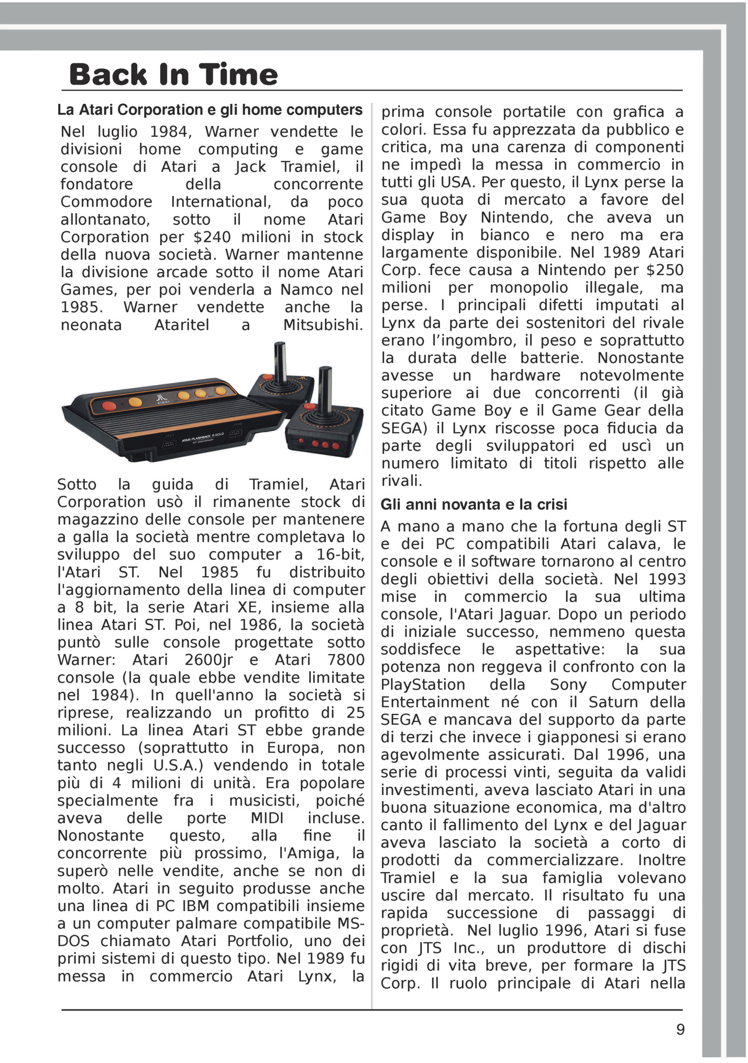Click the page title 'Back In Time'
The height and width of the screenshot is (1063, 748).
pyautogui.click(x=173, y=74)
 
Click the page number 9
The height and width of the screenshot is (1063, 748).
pyautogui.click(x=680, y=1029)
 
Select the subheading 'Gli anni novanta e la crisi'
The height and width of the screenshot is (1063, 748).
pyautogui.click(x=474, y=504)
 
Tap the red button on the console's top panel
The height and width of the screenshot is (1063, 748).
pyautogui.click(x=109, y=405)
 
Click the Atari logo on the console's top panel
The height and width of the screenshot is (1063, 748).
pyautogui.click(x=162, y=399)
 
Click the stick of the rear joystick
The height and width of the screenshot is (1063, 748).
pyautogui.click(x=280, y=362)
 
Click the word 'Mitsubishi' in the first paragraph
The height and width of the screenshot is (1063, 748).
pyautogui.click(x=323, y=325)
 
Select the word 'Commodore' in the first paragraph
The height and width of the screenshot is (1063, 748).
pyautogui.click(x=106, y=202)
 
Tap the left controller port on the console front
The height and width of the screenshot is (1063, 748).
pyautogui.click(x=169, y=444)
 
